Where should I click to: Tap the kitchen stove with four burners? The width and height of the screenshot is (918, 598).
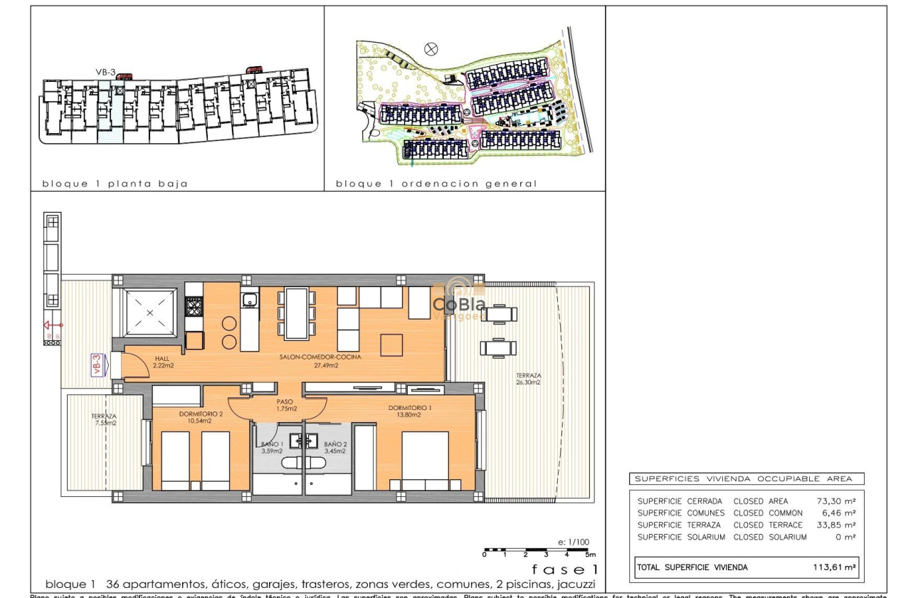point(194,306)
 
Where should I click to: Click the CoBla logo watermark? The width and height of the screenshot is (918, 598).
point(459,303)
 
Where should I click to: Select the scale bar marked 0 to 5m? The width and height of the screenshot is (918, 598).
point(539,552)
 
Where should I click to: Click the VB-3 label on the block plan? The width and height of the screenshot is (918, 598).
point(105,71)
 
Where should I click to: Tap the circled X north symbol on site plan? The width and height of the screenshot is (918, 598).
point(431,48)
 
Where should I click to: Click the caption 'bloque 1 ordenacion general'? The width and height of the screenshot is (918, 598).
point(436,184)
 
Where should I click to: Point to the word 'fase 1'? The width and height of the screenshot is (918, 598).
point(565,570)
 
